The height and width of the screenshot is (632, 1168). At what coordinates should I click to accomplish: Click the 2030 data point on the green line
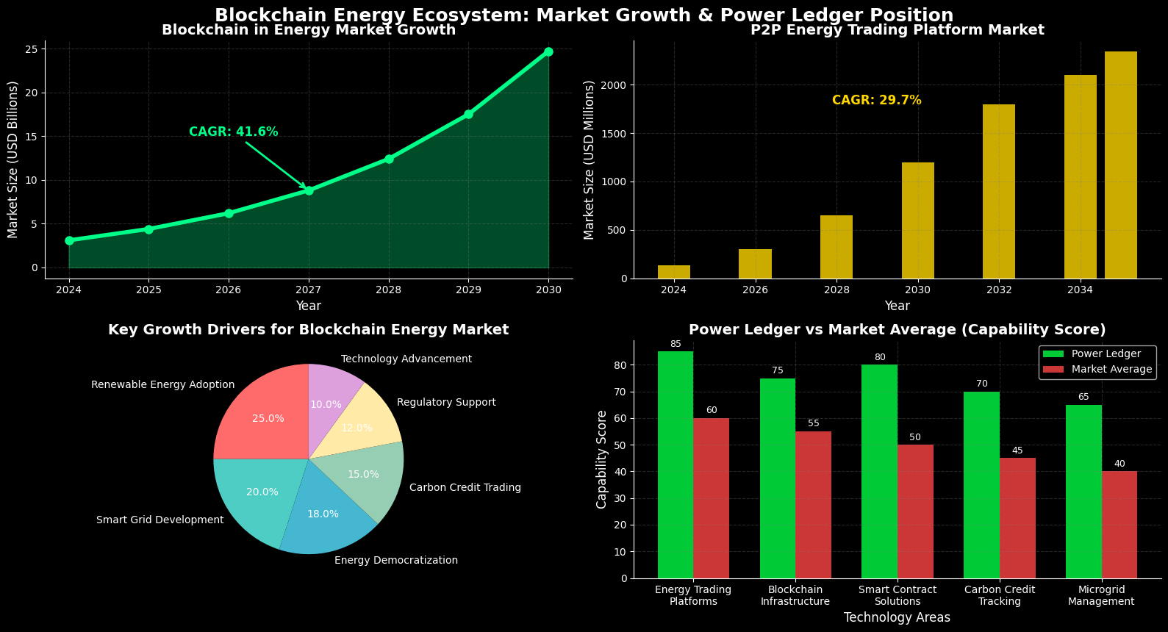tap(548, 51)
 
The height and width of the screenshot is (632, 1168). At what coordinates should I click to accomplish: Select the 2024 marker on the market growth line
tap(69, 240)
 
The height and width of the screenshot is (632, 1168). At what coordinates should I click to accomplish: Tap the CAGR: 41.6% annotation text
tap(233, 132)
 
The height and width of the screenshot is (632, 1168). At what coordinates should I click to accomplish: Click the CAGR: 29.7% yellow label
tap(876, 101)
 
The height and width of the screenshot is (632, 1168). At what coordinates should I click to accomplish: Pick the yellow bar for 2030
tap(917, 220)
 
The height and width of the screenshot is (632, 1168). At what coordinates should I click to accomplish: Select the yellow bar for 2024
tap(673, 272)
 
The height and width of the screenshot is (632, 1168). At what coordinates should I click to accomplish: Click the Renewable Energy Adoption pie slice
tap(257, 415)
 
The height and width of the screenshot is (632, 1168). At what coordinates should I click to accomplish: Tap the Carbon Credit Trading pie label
tap(465, 487)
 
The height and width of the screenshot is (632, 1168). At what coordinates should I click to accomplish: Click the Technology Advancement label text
tap(406, 359)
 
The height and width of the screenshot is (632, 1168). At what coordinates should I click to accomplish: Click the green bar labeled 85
tap(675, 463)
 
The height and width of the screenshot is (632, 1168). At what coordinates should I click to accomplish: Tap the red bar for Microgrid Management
tap(1119, 525)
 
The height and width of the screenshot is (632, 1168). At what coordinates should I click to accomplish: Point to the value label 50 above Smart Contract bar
tap(914, 438)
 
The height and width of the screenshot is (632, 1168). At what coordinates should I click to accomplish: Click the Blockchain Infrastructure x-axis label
tap(795, 595)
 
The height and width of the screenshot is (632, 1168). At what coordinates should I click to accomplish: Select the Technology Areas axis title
tap(897, 618)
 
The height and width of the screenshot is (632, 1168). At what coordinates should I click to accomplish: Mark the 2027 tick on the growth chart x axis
tap(309, 290)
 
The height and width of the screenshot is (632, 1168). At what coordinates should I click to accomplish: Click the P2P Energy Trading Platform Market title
tap(897, 30)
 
